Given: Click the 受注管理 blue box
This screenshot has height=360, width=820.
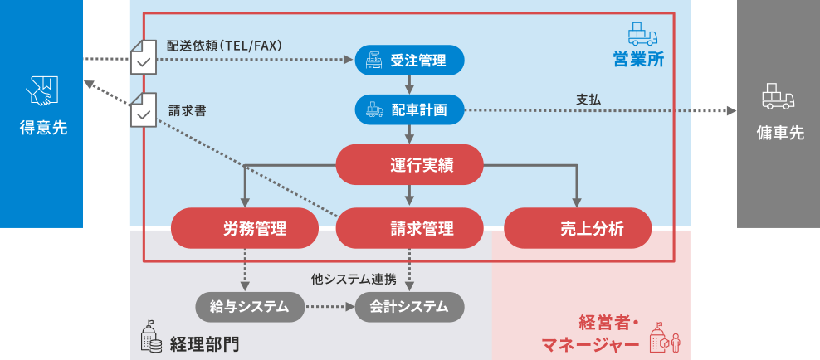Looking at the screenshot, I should (x=409, y=60).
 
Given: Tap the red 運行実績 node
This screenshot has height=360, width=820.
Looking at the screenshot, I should (x=409, y=164).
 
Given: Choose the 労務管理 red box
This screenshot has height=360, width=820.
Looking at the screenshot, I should (x=244, y=229).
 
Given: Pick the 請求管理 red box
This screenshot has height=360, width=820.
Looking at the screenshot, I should (x=409, y=229).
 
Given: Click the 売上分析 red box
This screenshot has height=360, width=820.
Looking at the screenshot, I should (x=578, y=229).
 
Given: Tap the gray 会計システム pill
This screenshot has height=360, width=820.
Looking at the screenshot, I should (x=409, y=307).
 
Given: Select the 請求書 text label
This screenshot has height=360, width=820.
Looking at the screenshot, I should (x=188, y=109).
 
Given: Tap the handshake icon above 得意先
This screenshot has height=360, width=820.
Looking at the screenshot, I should (x=42, y=91).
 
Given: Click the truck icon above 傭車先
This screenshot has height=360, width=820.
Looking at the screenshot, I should (x=778, y=97).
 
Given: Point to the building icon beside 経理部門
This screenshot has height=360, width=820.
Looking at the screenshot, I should (x=150, y=336).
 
